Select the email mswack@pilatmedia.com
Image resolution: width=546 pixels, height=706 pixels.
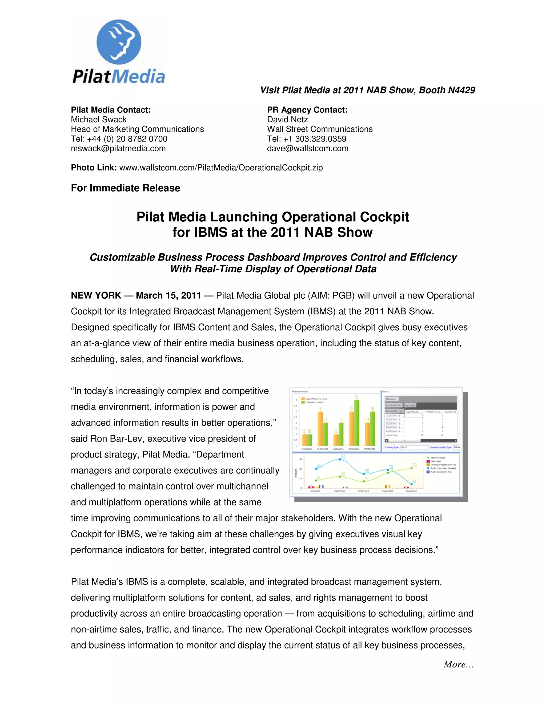(118, 148)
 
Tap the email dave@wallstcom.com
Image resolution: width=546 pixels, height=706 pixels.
(307, 148)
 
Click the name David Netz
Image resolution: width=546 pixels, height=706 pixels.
(287, 120)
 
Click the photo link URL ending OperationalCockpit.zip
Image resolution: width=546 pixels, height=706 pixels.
(221, 168)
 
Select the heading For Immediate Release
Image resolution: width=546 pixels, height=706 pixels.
(126, 188)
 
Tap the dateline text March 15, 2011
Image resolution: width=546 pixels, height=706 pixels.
(168, 295)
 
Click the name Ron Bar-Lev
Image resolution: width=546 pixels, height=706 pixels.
(119, 439)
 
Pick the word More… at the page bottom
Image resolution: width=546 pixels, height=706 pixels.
(459, 664)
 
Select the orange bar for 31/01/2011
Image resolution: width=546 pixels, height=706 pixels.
(304, 440)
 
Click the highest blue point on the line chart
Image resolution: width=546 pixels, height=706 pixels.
(340, 459)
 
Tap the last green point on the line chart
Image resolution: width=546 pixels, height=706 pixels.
(412, 468)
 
